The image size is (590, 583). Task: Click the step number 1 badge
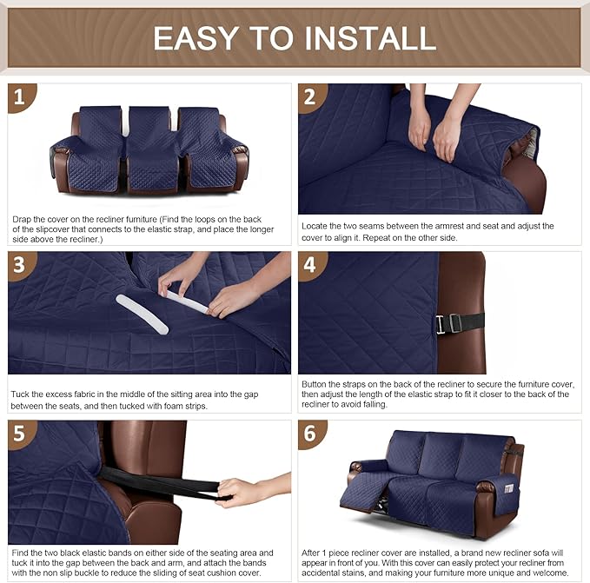(x=22, y=98)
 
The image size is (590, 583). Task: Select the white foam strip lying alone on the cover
(x=142, y=314)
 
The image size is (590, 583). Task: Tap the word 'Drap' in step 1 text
(x=23, y=219)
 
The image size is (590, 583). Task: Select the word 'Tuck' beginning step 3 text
(x=21, y=394)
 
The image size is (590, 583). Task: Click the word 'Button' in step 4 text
(x=315, y=383)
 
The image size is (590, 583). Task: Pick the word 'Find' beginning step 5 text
(x=21, y=553)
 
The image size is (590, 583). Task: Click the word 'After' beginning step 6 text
(x=313, y=553)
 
